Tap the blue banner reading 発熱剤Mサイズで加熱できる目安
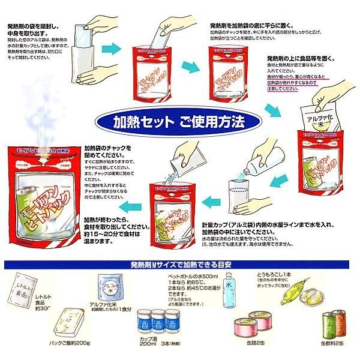pos(180,265)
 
